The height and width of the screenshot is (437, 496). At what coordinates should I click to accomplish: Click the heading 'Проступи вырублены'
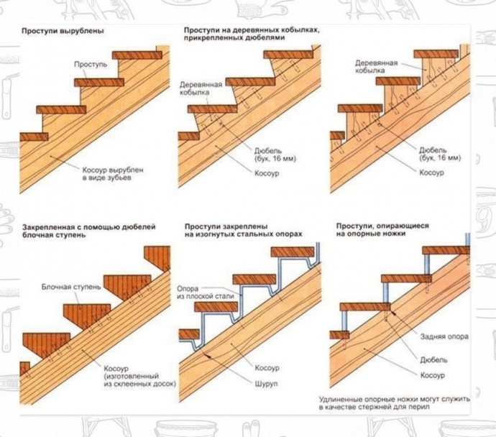(63, 32)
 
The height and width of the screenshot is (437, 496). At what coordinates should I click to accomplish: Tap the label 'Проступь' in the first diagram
(91, 65)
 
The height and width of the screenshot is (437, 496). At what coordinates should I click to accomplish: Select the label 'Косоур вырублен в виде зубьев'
(113, 174)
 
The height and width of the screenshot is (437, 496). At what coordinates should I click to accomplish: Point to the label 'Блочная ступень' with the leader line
(71, 287)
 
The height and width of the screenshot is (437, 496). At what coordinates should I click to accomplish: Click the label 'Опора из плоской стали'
(206, 293)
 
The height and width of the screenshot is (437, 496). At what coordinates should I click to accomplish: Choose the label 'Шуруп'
(267, 384)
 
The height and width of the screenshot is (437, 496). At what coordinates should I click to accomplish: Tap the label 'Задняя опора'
(444, 336)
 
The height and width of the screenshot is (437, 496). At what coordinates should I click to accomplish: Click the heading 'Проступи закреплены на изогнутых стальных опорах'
(243, 230)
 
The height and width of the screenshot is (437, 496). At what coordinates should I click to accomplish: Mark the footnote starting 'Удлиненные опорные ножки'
(394, 402)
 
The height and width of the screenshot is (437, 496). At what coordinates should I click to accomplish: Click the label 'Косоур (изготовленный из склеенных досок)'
(140, 377)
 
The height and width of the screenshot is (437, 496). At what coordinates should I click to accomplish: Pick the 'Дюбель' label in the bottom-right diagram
(433, 359)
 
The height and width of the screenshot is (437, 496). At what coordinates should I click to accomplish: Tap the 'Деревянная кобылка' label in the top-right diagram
(376, 66)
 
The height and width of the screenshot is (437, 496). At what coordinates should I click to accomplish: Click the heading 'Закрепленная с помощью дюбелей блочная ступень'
(89, 231)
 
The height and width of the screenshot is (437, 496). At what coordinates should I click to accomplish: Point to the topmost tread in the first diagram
(137, 55)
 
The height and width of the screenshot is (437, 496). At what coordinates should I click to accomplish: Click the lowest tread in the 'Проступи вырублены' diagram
(34, 137)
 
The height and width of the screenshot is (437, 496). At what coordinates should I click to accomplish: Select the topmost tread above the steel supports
(293, 252)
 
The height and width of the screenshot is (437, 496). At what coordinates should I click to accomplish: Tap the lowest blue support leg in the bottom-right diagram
(344, 321)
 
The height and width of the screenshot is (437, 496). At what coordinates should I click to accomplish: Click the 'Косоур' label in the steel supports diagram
(267, 368)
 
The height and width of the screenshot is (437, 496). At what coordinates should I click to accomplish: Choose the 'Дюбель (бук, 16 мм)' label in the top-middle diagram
(275, 155)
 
